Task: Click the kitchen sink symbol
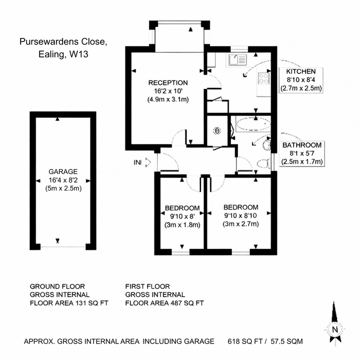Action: [x=237, y=60]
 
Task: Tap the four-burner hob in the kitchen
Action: [x=263, y=78]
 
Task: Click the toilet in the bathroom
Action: [x=260, y=164]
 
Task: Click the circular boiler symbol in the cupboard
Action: [x=217, y=131]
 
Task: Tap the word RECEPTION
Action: [x=167, y=82]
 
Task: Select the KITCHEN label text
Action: [x=300, y=71]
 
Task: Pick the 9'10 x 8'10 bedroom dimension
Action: [x=240, y=215]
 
